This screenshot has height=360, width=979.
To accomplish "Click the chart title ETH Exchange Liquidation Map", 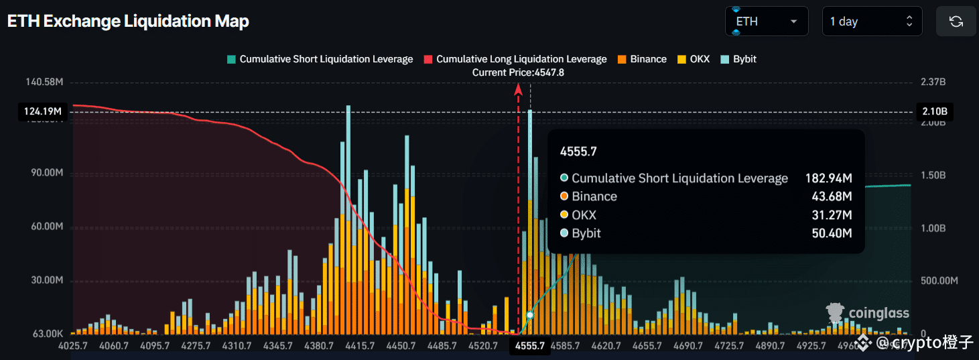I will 128,21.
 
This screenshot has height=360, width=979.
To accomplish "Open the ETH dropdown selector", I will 766,21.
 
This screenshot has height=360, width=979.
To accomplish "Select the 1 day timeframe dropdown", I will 871,21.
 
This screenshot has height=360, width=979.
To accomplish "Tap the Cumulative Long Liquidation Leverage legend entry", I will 515,59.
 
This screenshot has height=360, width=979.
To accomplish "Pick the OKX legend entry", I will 694,59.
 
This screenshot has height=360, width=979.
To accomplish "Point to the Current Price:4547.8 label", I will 518,72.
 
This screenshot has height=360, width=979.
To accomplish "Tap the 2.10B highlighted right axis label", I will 933,111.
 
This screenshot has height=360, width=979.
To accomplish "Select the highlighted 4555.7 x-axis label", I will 529,346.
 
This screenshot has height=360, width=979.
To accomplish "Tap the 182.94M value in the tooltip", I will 828,178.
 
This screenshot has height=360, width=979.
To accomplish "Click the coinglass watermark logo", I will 868,313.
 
